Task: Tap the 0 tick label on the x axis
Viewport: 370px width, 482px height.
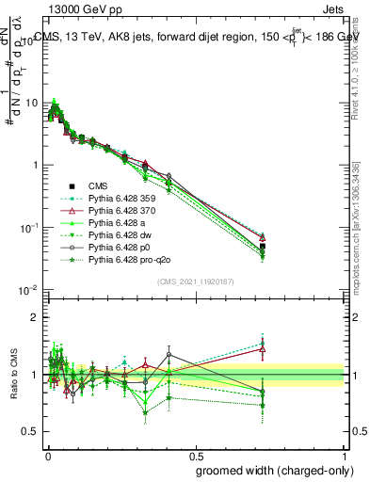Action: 47,453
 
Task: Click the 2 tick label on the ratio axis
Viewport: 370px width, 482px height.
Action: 35,317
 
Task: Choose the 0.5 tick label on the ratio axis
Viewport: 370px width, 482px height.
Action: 30,431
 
